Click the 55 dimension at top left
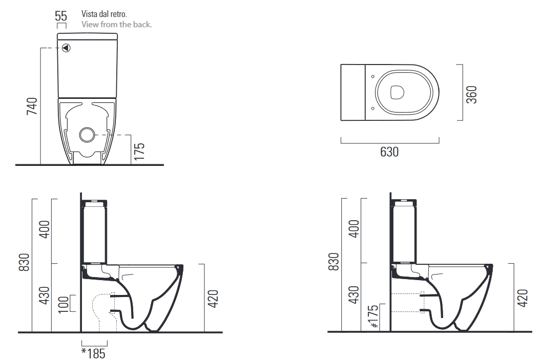pos(61,15)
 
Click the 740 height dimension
pos(32,105)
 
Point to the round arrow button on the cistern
pos(66,48)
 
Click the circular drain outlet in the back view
pos(87,134)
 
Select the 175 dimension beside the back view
pos(139,152)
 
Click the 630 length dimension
pos(389,152)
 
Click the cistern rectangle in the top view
pos(353,93)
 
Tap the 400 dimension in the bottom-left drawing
pos(45,230)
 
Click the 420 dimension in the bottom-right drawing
pos(522,298)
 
